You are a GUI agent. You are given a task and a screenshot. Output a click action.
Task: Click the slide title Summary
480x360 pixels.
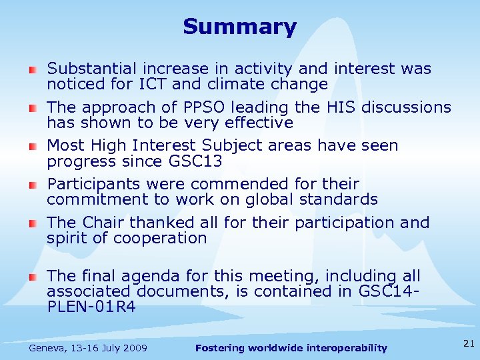point(239,27)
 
